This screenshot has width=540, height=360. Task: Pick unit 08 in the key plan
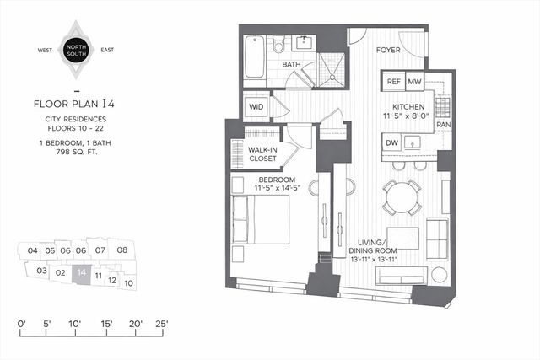tap(122, 250)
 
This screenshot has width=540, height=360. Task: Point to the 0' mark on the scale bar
tap(23, 323)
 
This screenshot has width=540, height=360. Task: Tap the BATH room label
tap(292, 64)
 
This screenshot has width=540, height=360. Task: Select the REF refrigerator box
tap(393, 82)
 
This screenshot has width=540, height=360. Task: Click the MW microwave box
tap(414, 82)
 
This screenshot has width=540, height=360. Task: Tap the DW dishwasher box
tap(392, 144)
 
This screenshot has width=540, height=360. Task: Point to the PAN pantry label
tap(444, 125)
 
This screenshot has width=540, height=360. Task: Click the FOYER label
tap(387, 50)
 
